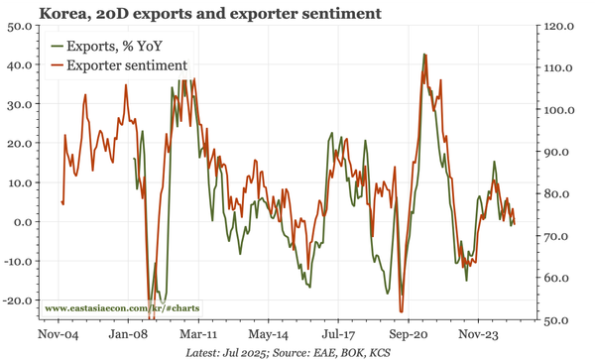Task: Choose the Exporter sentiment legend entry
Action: click(x=126, y=64)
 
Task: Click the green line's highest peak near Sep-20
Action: click(x=424, y=55)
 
